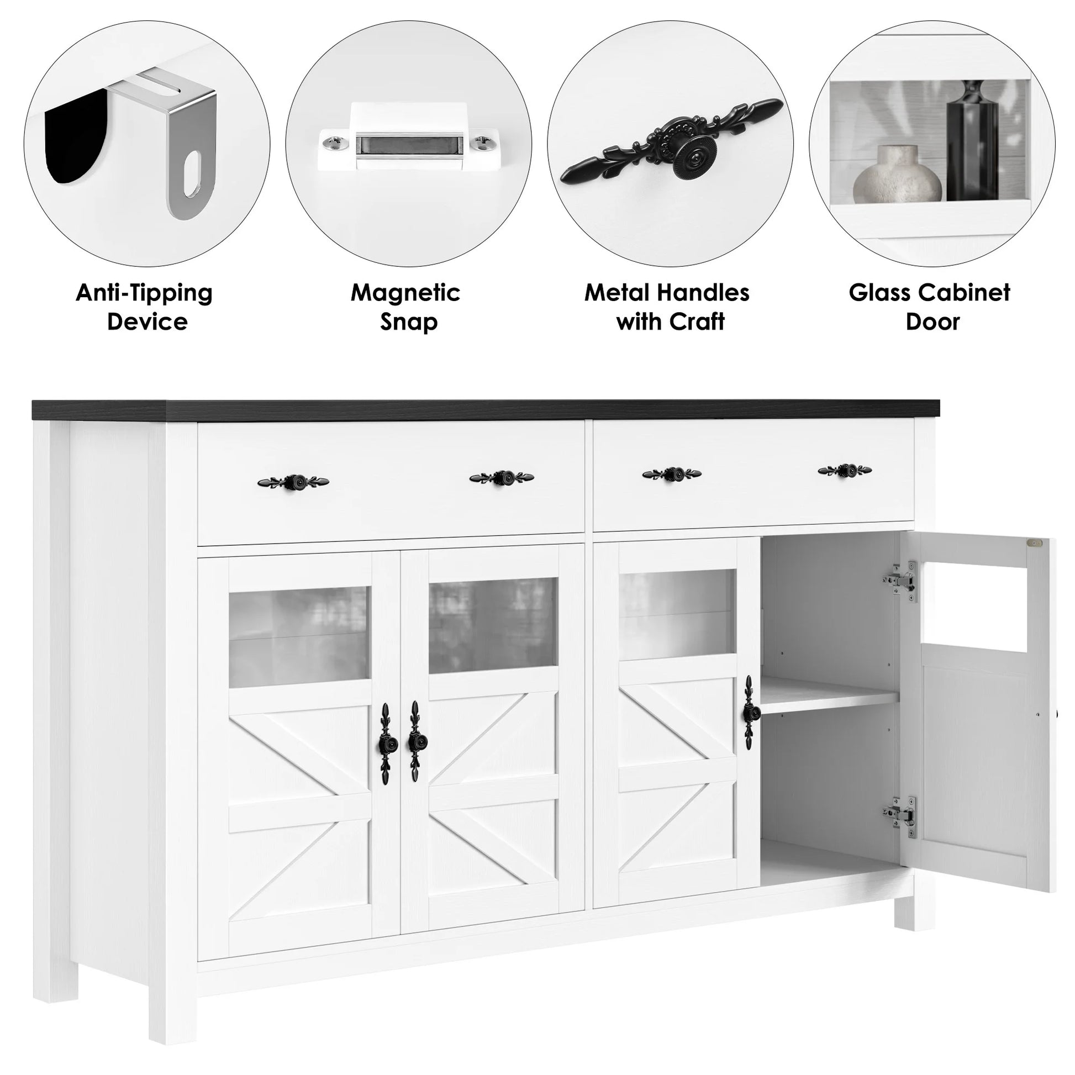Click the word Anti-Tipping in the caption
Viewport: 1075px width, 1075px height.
click(144, 293)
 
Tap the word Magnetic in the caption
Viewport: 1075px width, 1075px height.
click(405, 293)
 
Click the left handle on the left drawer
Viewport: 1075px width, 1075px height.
click(293, 481)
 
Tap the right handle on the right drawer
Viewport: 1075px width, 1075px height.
click(845, 470)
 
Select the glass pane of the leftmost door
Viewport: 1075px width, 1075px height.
click(299, 636)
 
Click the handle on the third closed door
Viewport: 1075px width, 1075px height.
click(749, 713)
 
